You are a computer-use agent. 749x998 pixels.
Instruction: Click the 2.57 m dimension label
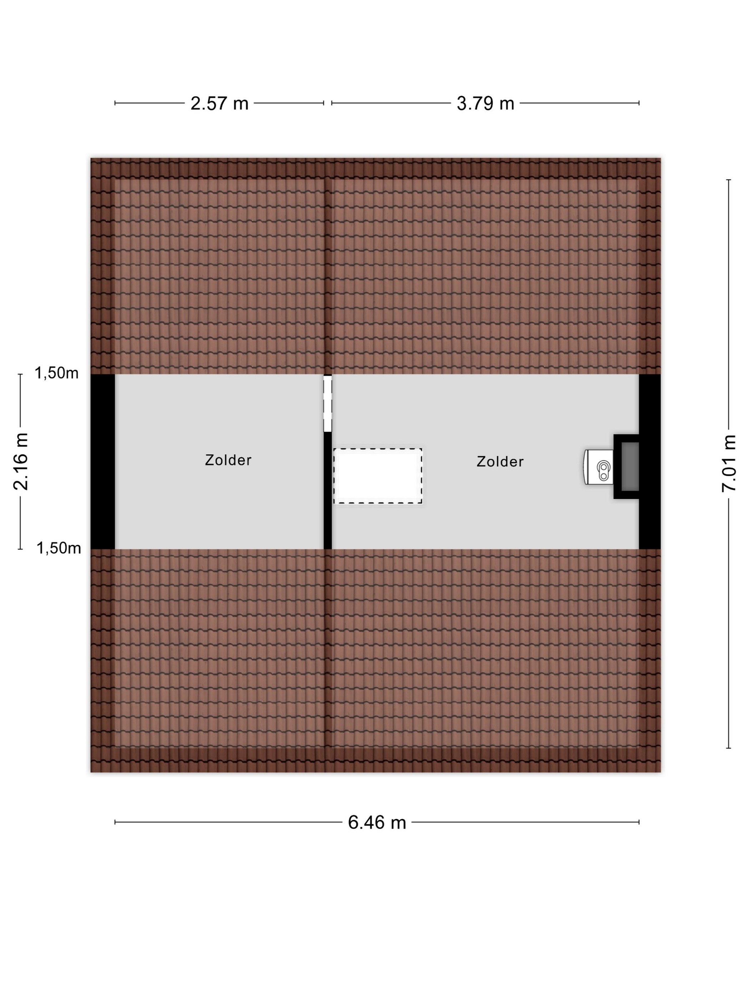[x=219, y=103]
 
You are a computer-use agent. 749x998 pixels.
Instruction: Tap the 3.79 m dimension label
[x=485, y=103]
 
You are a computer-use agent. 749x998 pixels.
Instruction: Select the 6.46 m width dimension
[x=377, y=823]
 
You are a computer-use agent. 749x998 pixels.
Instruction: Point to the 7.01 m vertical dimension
[x=729, y=464]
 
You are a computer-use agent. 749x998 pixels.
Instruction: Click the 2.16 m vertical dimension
[x=21, y=461]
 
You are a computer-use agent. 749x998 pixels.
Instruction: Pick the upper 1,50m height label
[x=56, y=373]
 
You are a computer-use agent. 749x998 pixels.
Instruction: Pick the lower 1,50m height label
[x=59, y=548]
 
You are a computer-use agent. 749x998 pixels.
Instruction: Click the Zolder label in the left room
[x=228, y=460]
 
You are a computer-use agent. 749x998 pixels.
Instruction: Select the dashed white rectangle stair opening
[x=378, y=476]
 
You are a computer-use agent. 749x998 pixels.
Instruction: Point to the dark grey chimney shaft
[x=630, y=467]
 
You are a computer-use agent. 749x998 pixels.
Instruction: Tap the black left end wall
[x=103, y=462]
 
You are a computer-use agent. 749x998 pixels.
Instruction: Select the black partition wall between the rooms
[x=328, y=490]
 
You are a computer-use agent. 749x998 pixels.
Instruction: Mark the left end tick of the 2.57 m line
[x=115, y=103]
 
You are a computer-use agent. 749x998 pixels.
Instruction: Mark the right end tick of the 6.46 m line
[x=639, y=822]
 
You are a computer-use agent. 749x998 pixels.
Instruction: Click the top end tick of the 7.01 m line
[x=728, y=180]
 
